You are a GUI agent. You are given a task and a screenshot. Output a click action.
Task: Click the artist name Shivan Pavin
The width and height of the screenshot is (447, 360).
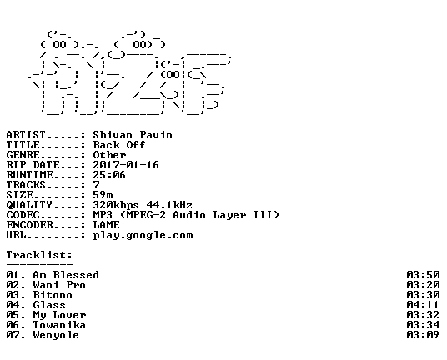click(133, 135)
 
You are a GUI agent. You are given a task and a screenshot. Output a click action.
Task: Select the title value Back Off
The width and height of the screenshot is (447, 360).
click(119, 145)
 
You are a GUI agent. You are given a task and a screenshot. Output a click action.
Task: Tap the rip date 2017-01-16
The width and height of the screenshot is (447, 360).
click(126, 165)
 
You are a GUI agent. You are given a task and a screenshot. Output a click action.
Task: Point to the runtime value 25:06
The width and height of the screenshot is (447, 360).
click(109, 175)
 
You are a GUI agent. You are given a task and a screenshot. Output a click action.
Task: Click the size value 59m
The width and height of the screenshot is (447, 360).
click(103, 195)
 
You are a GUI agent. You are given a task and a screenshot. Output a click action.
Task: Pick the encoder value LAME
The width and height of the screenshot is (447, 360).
click(107, 225)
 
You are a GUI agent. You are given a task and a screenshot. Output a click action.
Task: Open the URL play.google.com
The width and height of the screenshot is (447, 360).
click(143, 235)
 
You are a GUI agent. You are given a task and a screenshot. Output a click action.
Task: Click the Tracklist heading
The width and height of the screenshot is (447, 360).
click(39, 255)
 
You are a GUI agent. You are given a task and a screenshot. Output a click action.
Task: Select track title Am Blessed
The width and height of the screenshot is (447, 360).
click(66, 275)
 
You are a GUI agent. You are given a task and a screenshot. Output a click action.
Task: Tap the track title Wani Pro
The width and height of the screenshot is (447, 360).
click(59, 285)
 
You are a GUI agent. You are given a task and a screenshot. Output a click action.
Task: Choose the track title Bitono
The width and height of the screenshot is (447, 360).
click(53, 295)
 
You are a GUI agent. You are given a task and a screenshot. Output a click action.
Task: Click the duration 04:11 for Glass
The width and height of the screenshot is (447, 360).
click(423, 305)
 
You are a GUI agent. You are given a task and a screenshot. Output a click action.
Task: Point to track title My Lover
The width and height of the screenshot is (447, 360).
click(59, 315)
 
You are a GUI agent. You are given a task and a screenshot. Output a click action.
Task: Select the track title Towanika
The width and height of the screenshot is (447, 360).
click(59, 325)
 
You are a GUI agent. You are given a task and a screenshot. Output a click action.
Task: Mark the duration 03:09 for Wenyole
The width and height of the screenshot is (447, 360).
click(423, 335)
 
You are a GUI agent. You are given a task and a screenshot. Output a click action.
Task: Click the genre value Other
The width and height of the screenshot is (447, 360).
click(109, 155)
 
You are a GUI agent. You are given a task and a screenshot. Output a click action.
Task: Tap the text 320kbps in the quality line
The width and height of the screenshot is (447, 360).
click(116, 205)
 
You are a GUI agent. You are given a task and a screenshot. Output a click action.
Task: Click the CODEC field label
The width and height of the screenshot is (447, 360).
click(23, 215)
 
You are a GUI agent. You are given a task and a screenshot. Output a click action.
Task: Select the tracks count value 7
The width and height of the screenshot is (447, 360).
click(97, 185)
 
